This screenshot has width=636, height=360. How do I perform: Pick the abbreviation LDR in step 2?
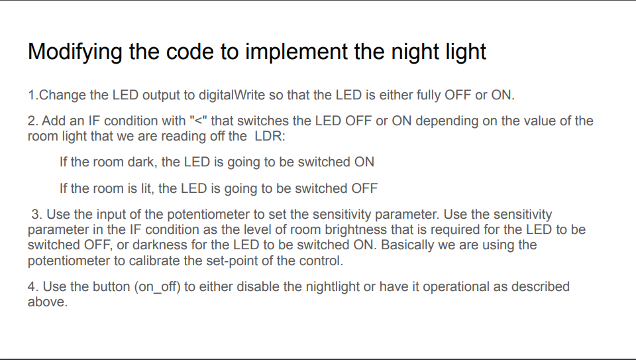click(x=269, y=137)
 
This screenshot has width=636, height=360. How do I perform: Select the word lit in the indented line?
click(x=144, y=188)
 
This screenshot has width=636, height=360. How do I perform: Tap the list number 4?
click(x=32, y=287)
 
